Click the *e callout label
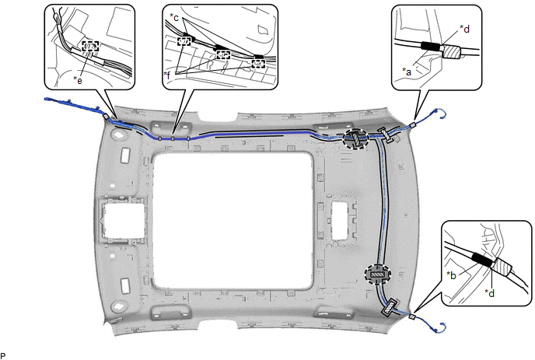click(78, 80)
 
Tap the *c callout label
click(174, 17)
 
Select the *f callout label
click(167, 75)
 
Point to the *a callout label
click(407, 72)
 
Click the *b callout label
click(451, 275)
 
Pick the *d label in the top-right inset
click(464, 29)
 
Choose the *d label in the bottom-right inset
click(490, 293)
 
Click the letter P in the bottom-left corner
click(3, 356)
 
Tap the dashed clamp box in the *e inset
click(90, 47)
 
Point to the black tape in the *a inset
click(431, 47)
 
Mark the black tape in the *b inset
click(482, 260)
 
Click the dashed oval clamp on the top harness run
click(355, 138)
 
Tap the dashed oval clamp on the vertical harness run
click(377, 274)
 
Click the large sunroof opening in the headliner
click(233, 221)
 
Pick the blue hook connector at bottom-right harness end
click(440, 327)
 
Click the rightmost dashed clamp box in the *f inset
click(258, 64)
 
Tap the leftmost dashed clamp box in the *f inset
click(184, 42)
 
